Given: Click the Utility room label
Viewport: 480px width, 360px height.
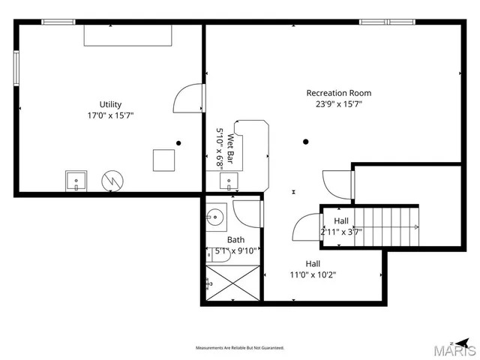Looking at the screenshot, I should (x=110, y=104).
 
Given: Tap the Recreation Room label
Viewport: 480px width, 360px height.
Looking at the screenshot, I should (x=338, y=93).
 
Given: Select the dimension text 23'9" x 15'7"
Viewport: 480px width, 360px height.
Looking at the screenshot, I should (x=338, y=104).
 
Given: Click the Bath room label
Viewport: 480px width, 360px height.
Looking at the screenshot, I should (x=235, y=240).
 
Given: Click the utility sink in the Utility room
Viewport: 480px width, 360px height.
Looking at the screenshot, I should (x=76, y=181).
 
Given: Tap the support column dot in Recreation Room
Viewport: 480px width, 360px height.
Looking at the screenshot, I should (x=305, y=142).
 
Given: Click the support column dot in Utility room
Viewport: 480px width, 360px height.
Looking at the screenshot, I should (x=178, y=142).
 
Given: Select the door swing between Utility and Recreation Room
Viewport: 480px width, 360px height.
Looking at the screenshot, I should (x=189, y=97).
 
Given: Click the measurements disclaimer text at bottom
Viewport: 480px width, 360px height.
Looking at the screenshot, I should (x=240, y=348).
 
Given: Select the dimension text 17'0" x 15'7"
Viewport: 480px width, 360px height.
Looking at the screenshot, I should (x=110, y=115).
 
